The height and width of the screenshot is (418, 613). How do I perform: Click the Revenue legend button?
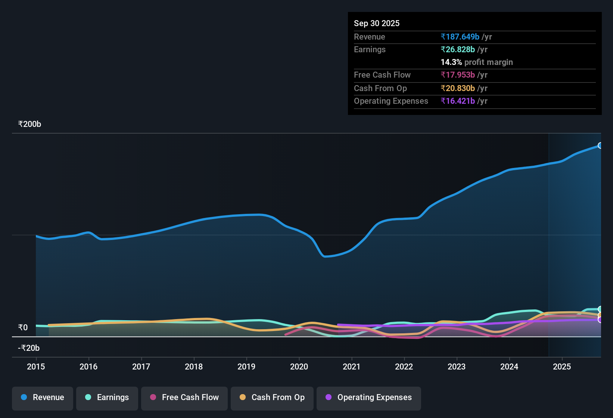click(x=43, y=397)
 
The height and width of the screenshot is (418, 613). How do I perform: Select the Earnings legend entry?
click(x=107, y=397)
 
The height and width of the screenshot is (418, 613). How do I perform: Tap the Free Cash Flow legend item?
click(x=184, y=397)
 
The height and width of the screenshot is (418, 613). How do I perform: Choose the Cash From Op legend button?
click(x=272, y=397)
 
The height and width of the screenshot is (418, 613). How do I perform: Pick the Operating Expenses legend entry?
click(x=369, y=397)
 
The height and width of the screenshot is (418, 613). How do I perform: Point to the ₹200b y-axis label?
click(x=29, y=124)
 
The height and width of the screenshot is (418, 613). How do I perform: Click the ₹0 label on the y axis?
click(x=23, y=328)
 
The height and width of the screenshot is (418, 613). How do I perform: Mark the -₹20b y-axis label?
click(x=29, y=348)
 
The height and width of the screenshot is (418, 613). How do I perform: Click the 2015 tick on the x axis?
click(x=36, y=367)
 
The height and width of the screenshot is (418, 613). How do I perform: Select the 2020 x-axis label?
click(x=299, y=367)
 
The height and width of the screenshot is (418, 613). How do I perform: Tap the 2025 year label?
click(x=562, y=367)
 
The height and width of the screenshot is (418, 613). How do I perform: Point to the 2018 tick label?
click(x=194, y=367)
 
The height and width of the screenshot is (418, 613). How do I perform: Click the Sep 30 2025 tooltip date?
click(x=377, y=24)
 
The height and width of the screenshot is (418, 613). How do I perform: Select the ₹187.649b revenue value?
click(x=460, y=37)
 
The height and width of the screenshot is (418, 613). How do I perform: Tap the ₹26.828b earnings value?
click(x=458, y=50)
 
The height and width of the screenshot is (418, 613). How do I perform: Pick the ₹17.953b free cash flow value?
click(x=458, y=75)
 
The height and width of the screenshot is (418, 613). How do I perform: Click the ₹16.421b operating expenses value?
click(x=458, y=101)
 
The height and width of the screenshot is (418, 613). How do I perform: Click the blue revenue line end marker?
click(x=600, y=146)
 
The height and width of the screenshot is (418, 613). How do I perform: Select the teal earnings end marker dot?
click(x=600, y=309)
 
